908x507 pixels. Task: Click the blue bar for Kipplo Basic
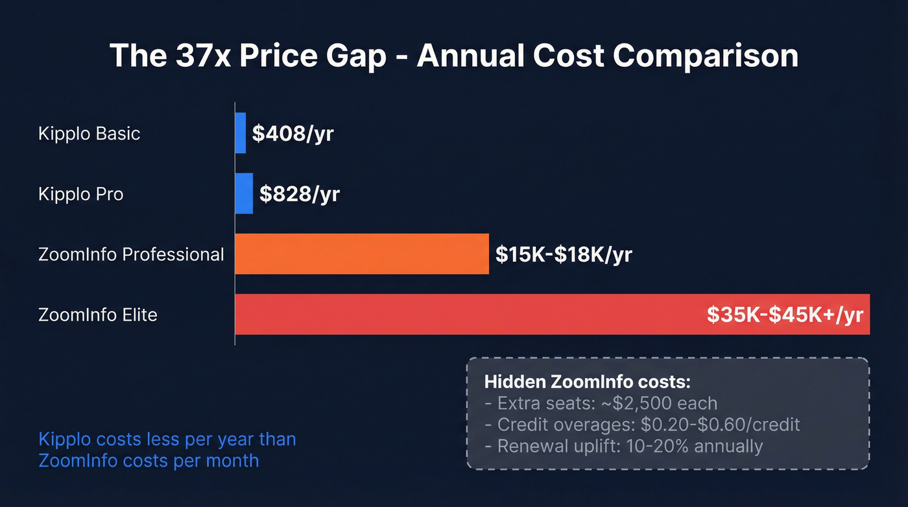241,133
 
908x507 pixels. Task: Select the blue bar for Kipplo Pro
244,193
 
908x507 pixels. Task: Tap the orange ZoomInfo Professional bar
361,254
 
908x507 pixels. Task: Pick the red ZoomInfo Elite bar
467,314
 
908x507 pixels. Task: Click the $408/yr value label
293,134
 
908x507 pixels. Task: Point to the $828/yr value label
300,193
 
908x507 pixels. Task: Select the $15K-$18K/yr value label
564,254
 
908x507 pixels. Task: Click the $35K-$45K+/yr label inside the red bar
785,315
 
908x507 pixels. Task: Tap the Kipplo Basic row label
90,134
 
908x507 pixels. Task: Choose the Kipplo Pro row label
81,193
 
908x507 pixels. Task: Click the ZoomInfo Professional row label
131,254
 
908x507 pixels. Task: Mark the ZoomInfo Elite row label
98,315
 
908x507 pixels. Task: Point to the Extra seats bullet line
601,403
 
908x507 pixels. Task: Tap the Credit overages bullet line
642,425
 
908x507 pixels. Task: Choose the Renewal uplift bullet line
623,446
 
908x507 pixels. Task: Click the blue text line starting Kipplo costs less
167,439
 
